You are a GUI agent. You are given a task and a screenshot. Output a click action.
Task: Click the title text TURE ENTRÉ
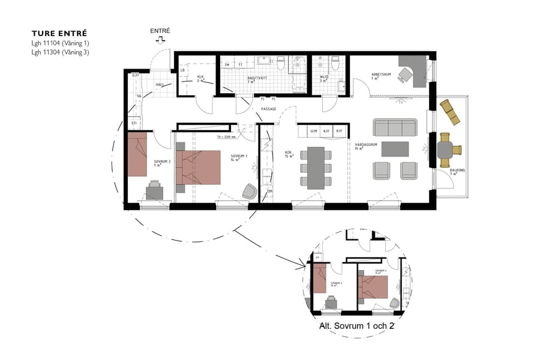(59, 34)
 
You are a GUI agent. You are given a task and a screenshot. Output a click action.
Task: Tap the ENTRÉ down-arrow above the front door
(160, 41)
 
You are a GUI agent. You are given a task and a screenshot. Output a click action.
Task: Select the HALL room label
(160, 85)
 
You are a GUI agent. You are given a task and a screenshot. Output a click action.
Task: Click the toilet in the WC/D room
(335, 62)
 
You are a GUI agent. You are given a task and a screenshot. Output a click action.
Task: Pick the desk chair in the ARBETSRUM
(406, 74)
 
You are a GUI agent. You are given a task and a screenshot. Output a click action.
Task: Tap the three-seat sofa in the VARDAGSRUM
(394, 127)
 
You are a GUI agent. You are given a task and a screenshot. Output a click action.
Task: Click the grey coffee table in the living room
(395, 148)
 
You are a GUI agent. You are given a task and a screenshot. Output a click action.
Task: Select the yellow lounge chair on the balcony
(450, 112)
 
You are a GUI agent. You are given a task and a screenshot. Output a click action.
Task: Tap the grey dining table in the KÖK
(316, 168)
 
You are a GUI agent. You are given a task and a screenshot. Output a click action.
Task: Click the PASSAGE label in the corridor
(268, 109)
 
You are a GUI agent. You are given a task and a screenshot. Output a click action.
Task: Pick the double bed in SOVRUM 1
(198, 163)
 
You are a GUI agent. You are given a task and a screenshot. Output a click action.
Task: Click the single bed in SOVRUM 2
(137, 154)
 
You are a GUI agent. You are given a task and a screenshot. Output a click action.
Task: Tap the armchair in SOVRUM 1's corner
(248, 191)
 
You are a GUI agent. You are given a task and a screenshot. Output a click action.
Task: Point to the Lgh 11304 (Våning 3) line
(61, 52)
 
